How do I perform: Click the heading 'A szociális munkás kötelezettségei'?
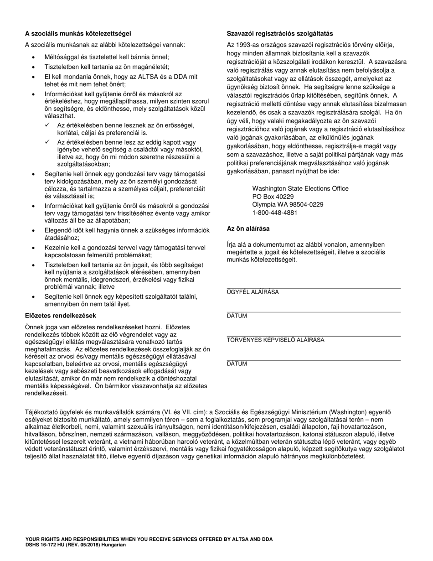tap(78, 33)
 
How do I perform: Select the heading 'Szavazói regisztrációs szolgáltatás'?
tap(280, 33)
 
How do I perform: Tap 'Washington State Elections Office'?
tap(300, 188)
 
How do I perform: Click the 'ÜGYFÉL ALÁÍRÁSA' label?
tap(253, 292)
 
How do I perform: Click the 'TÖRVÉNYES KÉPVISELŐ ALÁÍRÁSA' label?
tap(275, 340)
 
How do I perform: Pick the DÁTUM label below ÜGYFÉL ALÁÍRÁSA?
tap(237, 316)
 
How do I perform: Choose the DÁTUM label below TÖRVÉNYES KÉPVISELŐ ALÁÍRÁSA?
tap(237, 364)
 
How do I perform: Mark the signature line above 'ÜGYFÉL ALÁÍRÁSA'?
tap(314, 288)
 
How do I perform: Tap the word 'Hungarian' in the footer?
tap(113, 545)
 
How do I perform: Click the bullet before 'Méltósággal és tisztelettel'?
tap(33, 57)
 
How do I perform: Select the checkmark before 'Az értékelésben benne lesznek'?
tap(47, 125)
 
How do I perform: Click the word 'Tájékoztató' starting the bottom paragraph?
tap(41, 412)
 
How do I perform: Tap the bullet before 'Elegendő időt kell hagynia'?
tap(33, 230)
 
